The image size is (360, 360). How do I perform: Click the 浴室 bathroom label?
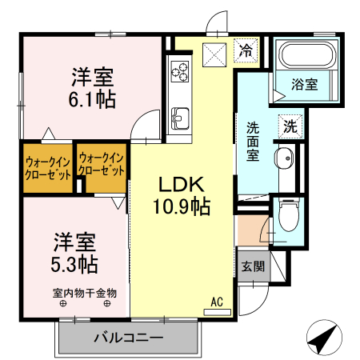304,84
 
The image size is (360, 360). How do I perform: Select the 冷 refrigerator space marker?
246,51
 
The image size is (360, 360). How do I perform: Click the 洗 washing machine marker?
290,126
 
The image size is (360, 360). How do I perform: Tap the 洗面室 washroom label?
252,141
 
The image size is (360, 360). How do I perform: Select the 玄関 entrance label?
251,267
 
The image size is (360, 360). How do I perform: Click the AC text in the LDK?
216,302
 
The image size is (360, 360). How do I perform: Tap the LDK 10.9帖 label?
182,194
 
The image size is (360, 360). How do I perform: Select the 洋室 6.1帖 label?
92,88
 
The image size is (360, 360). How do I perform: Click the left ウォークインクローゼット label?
48,167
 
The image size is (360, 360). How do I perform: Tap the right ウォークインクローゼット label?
102,166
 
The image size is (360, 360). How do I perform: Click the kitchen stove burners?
179,73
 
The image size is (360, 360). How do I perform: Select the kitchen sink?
179,117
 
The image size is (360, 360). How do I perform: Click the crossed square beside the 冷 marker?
214,55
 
